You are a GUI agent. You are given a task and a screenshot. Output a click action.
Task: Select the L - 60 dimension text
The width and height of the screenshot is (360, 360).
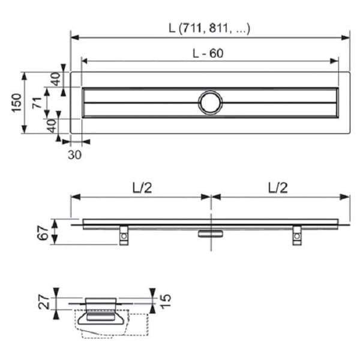click(208, 53)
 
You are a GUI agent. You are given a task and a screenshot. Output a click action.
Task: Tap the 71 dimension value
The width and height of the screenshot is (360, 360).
click(37, 103)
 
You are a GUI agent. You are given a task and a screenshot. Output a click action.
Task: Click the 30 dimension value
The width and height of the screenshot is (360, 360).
click(74, 154)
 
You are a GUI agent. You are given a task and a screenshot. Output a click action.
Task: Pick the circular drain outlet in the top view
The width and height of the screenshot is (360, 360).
click(211, 103)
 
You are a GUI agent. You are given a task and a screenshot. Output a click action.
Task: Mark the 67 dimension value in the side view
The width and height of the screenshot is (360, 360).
click(44, 232)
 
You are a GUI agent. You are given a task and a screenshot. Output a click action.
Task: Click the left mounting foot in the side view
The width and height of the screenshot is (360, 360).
click(123, 235)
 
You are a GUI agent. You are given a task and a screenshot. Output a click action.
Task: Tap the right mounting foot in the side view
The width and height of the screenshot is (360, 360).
click(296, 235)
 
